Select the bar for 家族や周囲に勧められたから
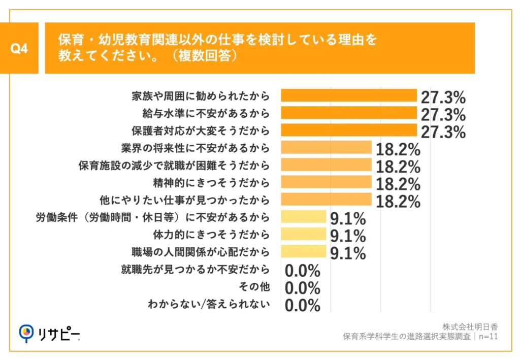[349, 95]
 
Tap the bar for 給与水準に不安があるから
[349, 113]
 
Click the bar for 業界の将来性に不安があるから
[326, 148]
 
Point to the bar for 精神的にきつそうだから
[326, 182]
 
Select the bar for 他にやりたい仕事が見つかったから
[326, 200]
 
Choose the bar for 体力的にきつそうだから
[303, 235]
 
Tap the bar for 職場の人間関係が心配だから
[303, 252]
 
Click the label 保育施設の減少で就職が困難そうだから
[174, 165]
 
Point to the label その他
[256, 287]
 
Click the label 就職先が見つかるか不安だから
[195, 269]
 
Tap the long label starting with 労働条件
[152, 217]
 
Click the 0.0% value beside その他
[303, 288]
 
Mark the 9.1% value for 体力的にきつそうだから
[348, 236]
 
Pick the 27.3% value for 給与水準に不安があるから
[443, 114]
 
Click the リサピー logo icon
[26, 333]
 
